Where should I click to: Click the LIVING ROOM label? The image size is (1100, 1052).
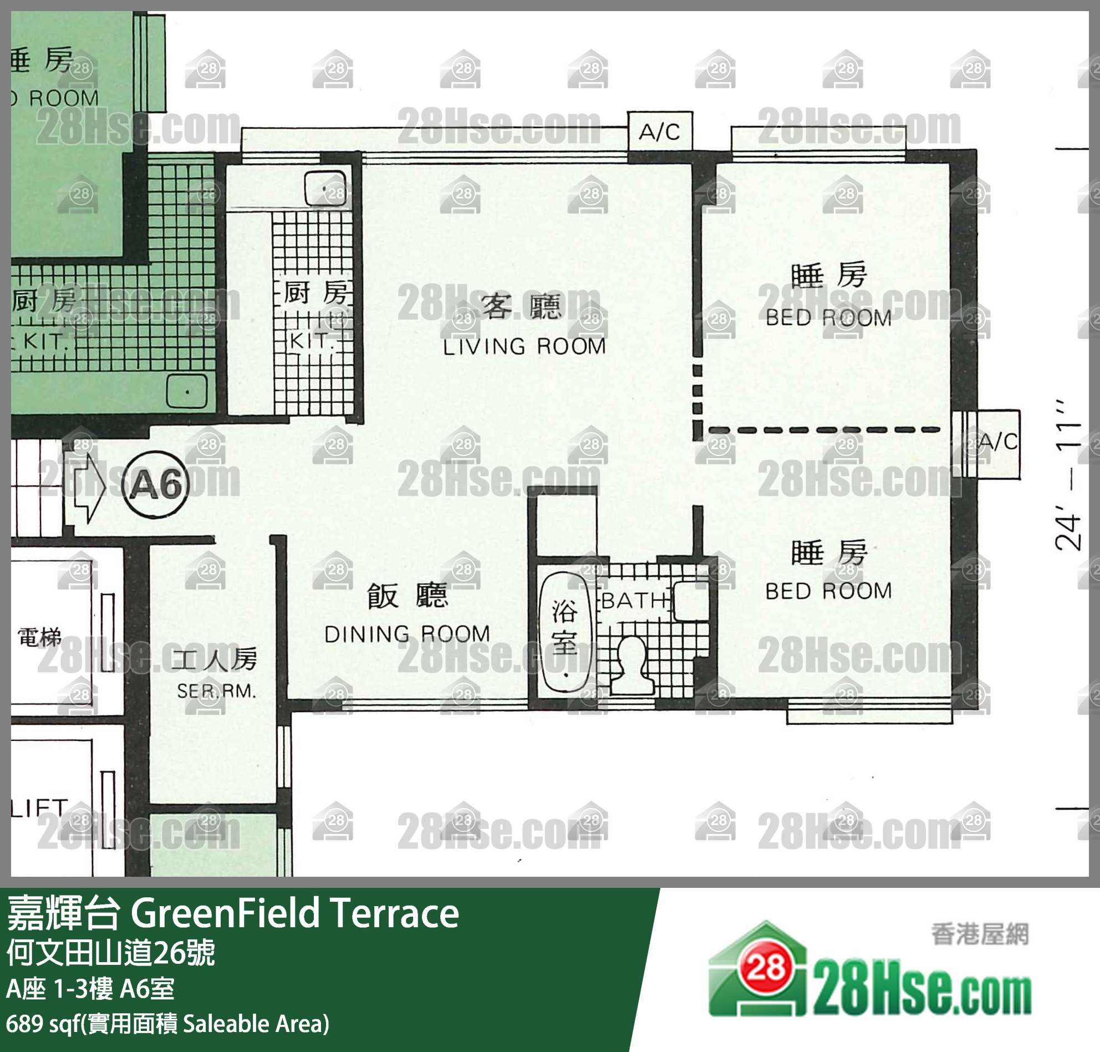(524, 347)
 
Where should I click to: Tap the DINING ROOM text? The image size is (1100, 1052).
(407, 634)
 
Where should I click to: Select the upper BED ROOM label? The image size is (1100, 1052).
(828, 318)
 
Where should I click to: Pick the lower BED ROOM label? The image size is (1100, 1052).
(828, 591)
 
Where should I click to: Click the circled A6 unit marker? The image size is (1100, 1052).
(155, 485)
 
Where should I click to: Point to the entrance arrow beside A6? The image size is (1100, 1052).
(87, 486)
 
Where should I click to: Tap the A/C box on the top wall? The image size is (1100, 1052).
(659, 132)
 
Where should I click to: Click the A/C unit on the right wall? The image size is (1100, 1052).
(997, 443)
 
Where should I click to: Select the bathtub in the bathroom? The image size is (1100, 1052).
(564, 632)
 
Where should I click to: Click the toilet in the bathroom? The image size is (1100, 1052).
(633, 665)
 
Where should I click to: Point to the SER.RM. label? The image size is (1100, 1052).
(216, 692)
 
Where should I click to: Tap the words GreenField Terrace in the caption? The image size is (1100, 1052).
(295, 913)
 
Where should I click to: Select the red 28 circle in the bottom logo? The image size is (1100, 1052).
(766, 967)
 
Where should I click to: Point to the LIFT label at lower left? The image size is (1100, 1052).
(39, 808)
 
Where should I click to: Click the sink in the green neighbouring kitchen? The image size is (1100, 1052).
(187, 391)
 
